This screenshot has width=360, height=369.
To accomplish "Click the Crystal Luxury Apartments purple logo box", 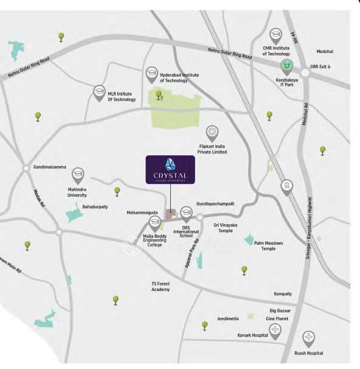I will tap(170, 169).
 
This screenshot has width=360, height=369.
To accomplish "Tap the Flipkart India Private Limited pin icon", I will tap(212, 132).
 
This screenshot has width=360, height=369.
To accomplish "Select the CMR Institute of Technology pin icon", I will tap(275, 34).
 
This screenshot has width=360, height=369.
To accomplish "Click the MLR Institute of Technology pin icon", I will tap(99, 91).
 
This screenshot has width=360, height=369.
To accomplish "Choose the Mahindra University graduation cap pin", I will tap(77, 174).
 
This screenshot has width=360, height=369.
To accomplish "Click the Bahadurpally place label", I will tap(95, 206).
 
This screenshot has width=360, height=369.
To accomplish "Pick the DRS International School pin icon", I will tap(187, 213).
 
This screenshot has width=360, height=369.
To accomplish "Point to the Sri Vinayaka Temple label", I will tap(226, 228).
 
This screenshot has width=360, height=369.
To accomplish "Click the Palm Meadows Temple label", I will tap(268, 245).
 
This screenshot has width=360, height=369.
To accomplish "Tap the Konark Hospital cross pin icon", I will tap(275, 331).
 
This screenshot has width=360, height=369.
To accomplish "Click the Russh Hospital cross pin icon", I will tap(309, 337).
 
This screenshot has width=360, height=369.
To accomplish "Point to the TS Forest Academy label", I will tap(161, 286).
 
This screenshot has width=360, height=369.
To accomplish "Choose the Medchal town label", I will tap(325, 51).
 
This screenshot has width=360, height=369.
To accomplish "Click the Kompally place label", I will tap(283, 293).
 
